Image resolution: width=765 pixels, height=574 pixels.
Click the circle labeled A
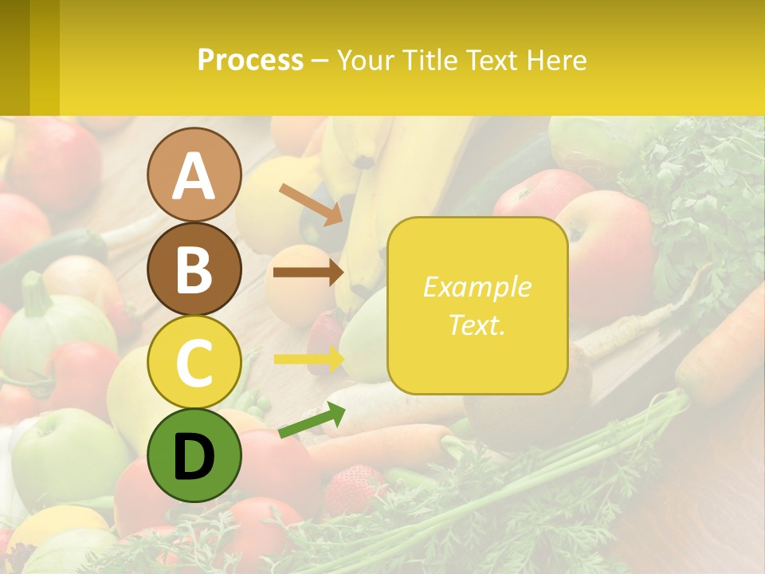194,175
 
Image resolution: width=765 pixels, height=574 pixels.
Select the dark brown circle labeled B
194,269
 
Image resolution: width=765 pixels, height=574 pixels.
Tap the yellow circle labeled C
194,363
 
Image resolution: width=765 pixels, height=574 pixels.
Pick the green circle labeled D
194,456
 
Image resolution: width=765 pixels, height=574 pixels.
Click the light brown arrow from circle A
311,203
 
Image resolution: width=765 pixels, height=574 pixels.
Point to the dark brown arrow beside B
308,272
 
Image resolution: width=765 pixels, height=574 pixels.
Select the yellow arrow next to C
308,360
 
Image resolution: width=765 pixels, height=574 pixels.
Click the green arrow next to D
312,420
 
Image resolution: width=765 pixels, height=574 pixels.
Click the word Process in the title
250,60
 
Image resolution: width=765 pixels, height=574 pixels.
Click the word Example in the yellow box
477,287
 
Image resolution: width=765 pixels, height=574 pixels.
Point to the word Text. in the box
477,324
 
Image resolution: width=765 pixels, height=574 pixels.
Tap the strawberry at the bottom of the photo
354,487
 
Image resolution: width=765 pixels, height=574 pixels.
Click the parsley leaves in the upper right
701,191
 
